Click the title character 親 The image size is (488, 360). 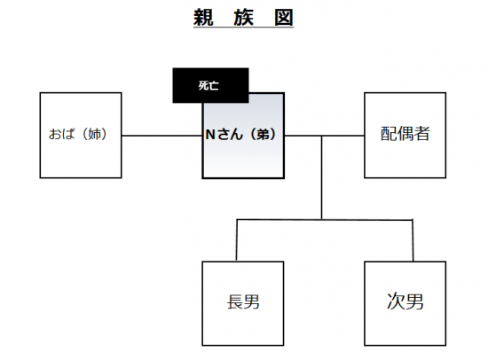pos(203,17)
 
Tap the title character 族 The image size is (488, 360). pos(243,17)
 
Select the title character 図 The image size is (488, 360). pos(284,17)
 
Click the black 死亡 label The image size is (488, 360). pos(210,85)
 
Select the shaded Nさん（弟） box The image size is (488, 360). pos(243,136)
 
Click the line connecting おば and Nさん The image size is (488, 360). pos(161,136)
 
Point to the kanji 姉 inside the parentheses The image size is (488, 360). pos(95,135)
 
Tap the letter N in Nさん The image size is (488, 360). pos(210,135)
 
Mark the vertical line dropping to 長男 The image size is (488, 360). pos(237,240)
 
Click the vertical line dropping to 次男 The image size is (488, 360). pos(413,240)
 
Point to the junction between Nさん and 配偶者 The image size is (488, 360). pos(322,136)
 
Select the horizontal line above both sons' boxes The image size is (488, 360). pos(325,220)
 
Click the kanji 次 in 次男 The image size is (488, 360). pos(396,301)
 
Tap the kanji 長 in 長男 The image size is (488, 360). pos(234,301)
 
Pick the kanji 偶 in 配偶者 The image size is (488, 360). pos(405,134)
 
